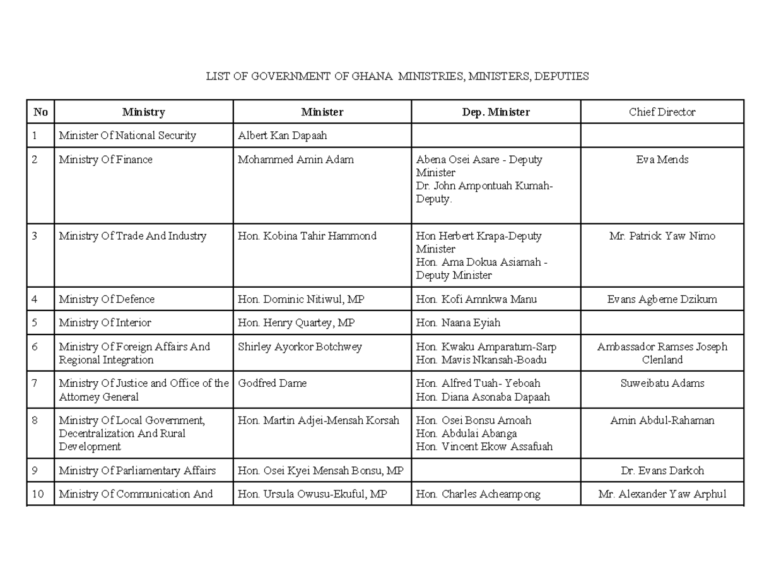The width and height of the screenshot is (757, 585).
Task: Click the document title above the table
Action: pos(397,76)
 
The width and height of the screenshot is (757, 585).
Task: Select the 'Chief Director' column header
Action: pos(662,112)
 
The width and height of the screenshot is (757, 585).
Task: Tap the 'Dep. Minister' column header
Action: pos(495,112)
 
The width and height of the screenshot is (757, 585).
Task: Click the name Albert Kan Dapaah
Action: pos(282,136)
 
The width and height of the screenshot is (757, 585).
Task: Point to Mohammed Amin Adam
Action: pos(295,160)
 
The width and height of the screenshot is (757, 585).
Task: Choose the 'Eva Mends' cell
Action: pos(662,160)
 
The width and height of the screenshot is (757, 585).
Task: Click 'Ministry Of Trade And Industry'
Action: pos(132,237)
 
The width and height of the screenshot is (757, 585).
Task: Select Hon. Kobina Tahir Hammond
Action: pos(307,237)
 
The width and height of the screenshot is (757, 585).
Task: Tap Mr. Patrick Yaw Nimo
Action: pos(662,237)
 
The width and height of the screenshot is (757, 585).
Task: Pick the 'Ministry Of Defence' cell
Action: pos(107,299)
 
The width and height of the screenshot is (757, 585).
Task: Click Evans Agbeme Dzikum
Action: pos(662,299)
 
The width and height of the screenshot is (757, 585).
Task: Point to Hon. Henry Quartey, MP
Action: pos(296,323)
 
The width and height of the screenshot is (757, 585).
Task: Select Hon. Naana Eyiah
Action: pos(458,323)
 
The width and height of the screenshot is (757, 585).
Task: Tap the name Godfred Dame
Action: pos(272,384)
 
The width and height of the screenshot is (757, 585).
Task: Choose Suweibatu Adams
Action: pos(662,384)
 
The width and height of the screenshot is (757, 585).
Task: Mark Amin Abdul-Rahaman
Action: pos(662,421)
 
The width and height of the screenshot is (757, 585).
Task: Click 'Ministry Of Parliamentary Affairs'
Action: pos(138,471)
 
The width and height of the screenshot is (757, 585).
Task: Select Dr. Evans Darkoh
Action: pos(662,471)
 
